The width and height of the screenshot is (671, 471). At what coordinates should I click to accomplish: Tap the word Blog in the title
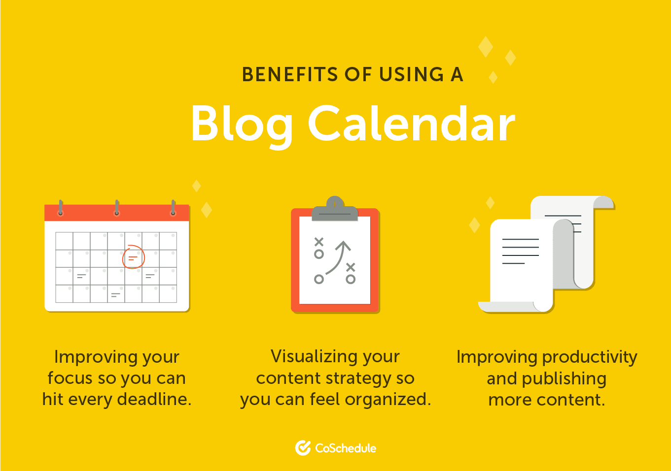pos(242,126)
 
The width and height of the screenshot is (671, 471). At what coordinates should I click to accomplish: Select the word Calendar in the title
pos(412,123)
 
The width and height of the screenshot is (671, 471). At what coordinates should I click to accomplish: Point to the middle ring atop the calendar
pos(117,208)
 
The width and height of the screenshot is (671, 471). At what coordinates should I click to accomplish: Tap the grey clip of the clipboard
pos(335,209)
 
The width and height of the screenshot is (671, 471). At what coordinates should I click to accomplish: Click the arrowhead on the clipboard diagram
pos(343,246)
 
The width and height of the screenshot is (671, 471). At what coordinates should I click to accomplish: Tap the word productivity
pos(590,357)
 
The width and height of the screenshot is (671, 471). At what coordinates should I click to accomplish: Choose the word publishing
pos(565,379)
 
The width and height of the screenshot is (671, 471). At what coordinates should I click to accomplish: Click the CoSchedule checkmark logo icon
pos(303,448)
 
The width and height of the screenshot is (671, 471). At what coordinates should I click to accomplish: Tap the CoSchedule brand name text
pos(346,448)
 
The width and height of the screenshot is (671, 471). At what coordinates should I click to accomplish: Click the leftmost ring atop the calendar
pos(61,208)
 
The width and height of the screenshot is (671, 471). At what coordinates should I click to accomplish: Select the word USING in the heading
pos(412,74)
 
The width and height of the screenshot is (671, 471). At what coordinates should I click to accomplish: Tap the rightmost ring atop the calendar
pos(173,208)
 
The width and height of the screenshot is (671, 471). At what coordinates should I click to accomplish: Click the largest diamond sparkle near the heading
pos(486,47)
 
